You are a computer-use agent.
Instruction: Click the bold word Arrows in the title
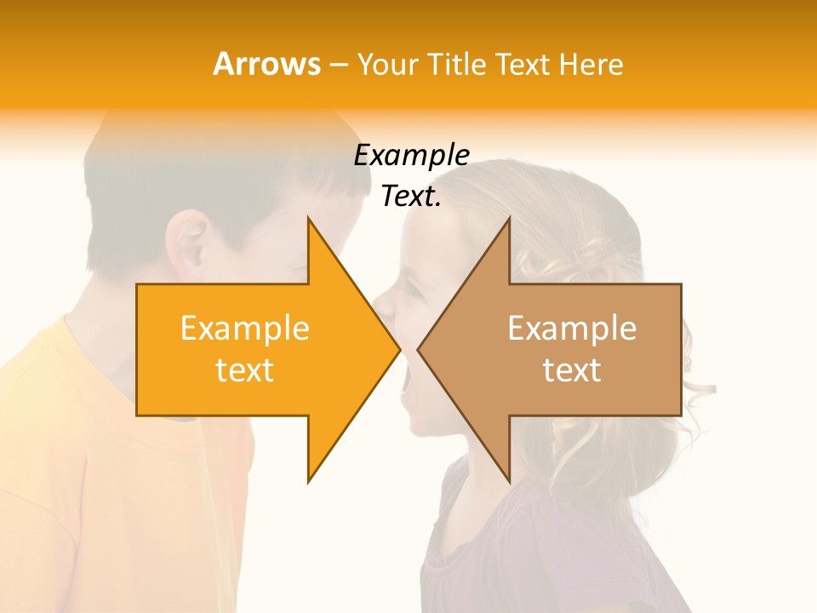click(x=266, y=64)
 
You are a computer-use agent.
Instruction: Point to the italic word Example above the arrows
click(x=411, y=156)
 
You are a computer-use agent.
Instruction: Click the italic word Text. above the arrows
click(x=411, y=197)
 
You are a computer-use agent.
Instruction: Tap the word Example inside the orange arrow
click(x=245, y=329)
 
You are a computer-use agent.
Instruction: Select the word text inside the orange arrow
click(x=245, y=370)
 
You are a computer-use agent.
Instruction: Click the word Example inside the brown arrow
click(x=572, y=329)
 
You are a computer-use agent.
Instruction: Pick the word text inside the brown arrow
click(x=572, y=370)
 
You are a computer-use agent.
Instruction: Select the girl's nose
click(x=384, y=304)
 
